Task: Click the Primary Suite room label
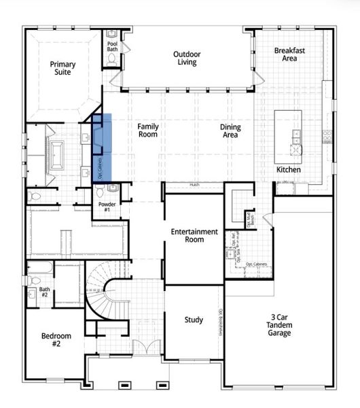62,69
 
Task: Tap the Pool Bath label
113,48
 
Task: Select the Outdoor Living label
185,58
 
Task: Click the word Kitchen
288,169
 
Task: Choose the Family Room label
147,130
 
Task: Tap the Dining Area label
231,131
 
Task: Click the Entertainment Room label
194,235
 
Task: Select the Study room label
194,320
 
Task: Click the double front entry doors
144,347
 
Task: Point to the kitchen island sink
297,141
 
